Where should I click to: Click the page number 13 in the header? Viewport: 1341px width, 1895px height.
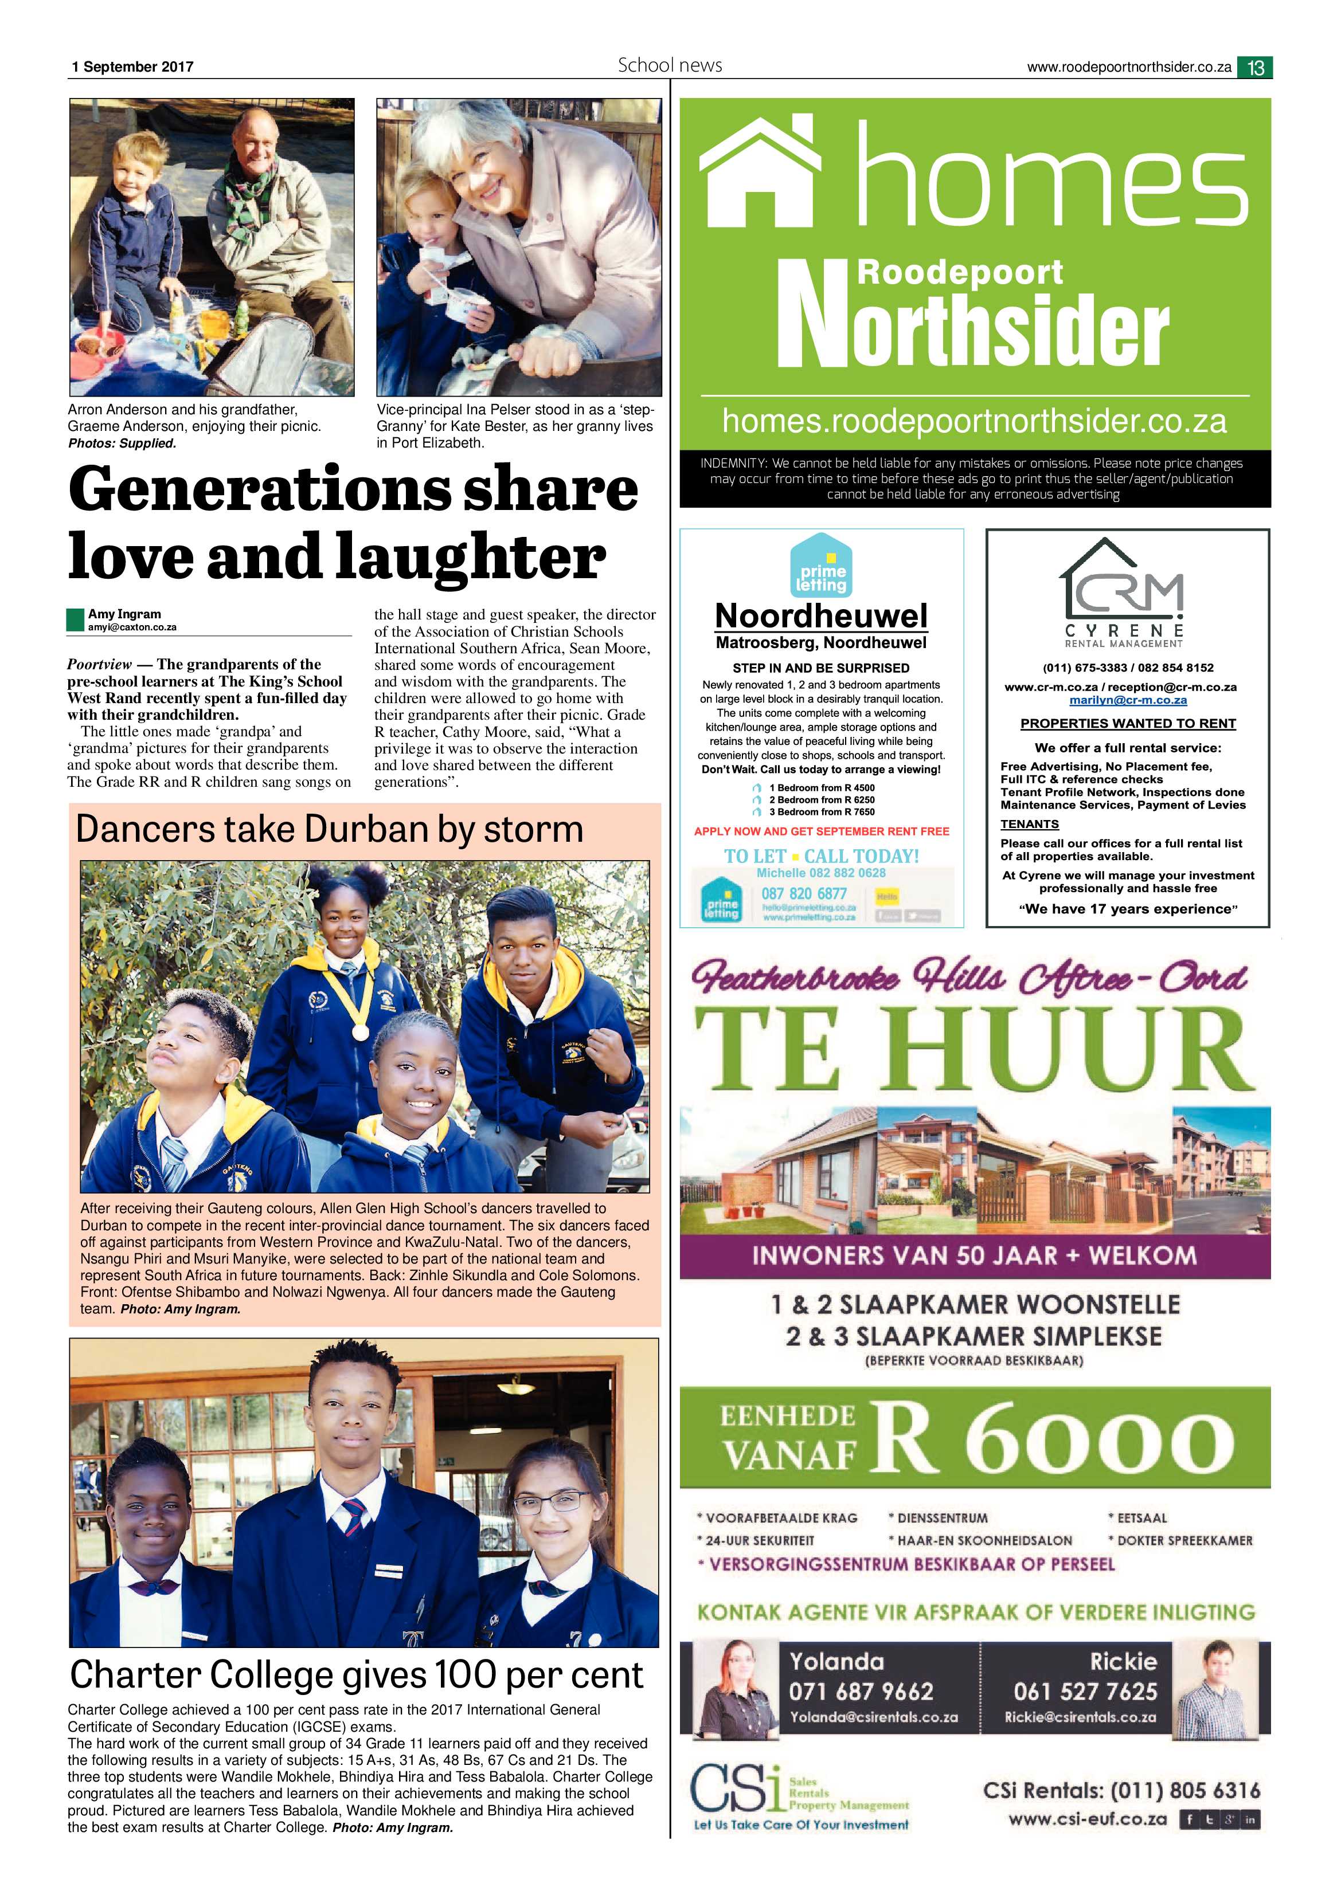pyautogui.click(x=1255, y=68)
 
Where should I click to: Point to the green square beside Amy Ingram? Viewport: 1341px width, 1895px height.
pyautogui.click(x=76, y=620)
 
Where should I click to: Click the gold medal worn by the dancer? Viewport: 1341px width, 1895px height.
pyautogui.click(x=361, y=1031)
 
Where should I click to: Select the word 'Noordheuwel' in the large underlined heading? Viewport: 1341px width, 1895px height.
pyautogui.click(x=821, y=615)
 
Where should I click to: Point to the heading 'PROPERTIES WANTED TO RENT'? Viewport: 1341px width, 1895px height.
pyautogui.click(x=1128, y=724)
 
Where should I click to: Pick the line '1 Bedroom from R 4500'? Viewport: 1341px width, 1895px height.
pyautogui.click(x=822, y=788)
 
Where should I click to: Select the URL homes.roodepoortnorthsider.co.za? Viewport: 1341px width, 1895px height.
pyautogui.click(x=975, y=422)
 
